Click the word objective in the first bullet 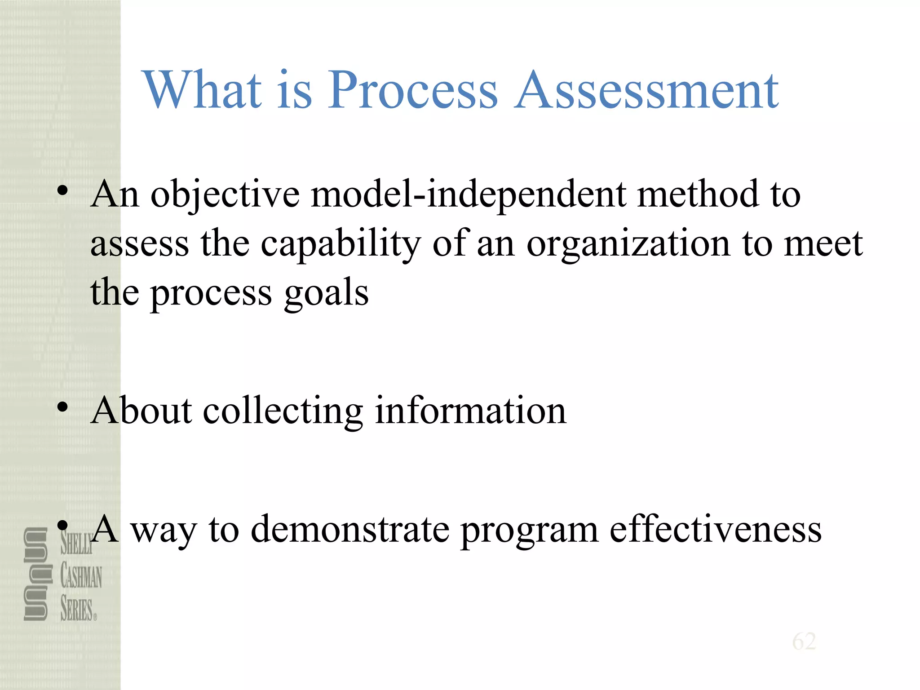(225, 195)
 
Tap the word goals (326, 294)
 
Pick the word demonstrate (350, 530)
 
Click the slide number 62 (804, 641)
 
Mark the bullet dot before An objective (63, 191)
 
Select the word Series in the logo (77, 610)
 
